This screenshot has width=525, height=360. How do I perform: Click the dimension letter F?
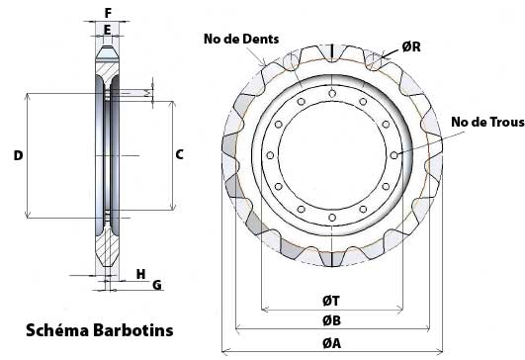[x=108, y=13]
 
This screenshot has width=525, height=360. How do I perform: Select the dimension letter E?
[x=107, y=30]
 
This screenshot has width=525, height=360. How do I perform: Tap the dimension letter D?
[x=18, y=155]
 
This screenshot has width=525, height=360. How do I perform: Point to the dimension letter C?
[x=180, y=154]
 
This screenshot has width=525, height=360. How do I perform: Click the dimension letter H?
[x=141, y=274]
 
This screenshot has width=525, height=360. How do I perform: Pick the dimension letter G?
[x=157, y=285]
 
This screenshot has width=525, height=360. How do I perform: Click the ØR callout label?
[x=411, y=46]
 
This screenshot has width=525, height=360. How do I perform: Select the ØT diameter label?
[x=331, y=301]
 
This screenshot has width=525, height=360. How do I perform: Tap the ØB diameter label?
[x=332, y=320]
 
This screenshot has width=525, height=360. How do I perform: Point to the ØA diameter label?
[x=332, y=343]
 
